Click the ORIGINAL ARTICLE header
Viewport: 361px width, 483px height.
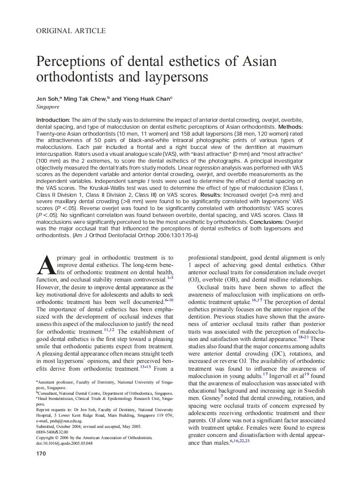point(71,31)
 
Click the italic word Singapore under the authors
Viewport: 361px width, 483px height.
point(48,106)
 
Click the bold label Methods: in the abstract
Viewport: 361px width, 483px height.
point(290,127)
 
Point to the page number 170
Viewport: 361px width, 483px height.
point(41,453)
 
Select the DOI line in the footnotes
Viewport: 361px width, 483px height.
point(64,443)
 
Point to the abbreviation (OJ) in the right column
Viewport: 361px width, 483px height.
point(194,280)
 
